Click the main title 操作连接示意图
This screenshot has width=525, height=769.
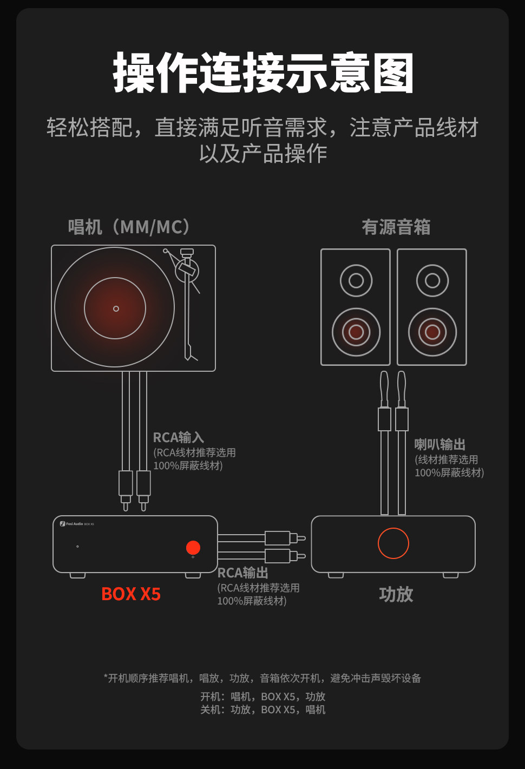click(263, 73)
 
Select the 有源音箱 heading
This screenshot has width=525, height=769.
click(396, 227)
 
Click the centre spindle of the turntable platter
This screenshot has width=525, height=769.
click(116, 308)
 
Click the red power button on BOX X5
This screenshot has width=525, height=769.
click(193, 548)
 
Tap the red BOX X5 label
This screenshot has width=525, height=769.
click(131, 594)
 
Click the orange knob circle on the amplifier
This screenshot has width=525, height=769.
click(393, 543)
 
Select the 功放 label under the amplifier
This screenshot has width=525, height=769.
click(396, 594)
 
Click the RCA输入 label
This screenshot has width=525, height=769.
click(178, 437)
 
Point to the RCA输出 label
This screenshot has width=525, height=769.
click(242, 573)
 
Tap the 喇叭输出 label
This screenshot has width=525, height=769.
click(439, 444)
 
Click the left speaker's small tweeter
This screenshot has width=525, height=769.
click(356, 280)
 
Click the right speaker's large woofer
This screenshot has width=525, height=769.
click(432, 332)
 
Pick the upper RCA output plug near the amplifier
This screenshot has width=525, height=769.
click(279, 538)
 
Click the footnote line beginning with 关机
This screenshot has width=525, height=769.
click(262, 709)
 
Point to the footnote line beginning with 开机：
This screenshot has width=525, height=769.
click(262, 696)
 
